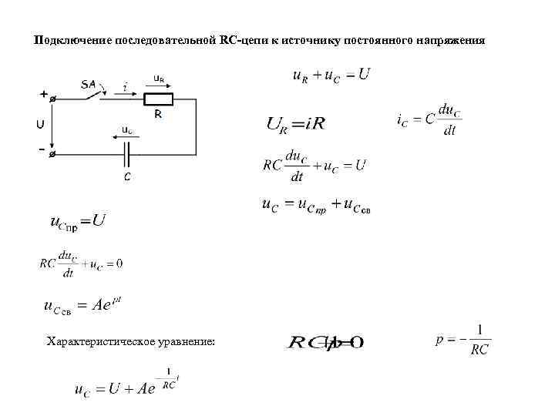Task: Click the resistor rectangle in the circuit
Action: click(159, 99)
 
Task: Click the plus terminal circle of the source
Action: click(52, 99)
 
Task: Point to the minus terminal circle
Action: click(52, 154)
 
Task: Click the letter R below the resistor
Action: click(157, 113)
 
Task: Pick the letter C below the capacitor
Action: click(127, 177)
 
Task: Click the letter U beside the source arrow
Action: click(39, 124)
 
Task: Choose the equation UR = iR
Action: click(296, 123)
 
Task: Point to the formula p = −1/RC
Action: click(462, 340)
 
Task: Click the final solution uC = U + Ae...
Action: click(126, 387)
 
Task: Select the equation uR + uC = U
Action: click(331, 75)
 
